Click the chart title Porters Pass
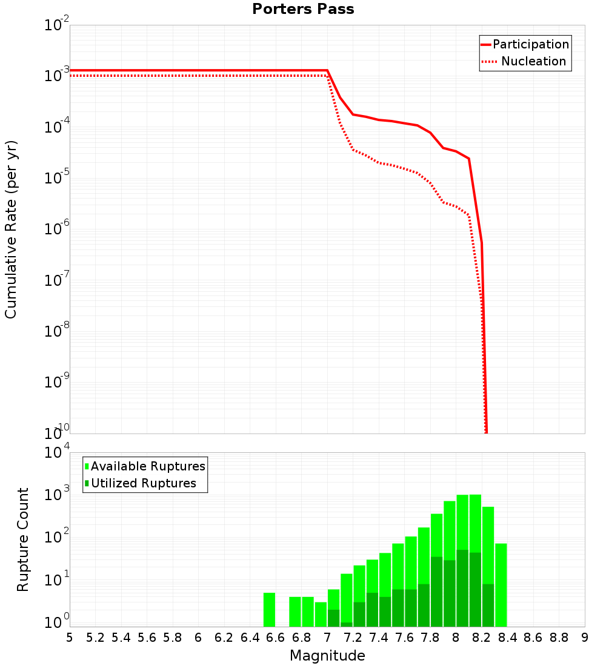coord(303,9)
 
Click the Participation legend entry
coord(530,44)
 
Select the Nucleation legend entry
coord(533,61)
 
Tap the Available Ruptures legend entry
coord(148,466)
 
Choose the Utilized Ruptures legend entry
coord(143,483)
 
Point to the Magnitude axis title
coord(327,656)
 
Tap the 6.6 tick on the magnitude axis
coord(275,638)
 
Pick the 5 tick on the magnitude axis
coord(70,638)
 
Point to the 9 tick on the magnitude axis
coord(585,638)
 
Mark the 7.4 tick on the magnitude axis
coord(379,638)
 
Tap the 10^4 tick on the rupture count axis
coord(58,453)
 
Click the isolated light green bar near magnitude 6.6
coord(269,610)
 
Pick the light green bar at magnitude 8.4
coord(501,585)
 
